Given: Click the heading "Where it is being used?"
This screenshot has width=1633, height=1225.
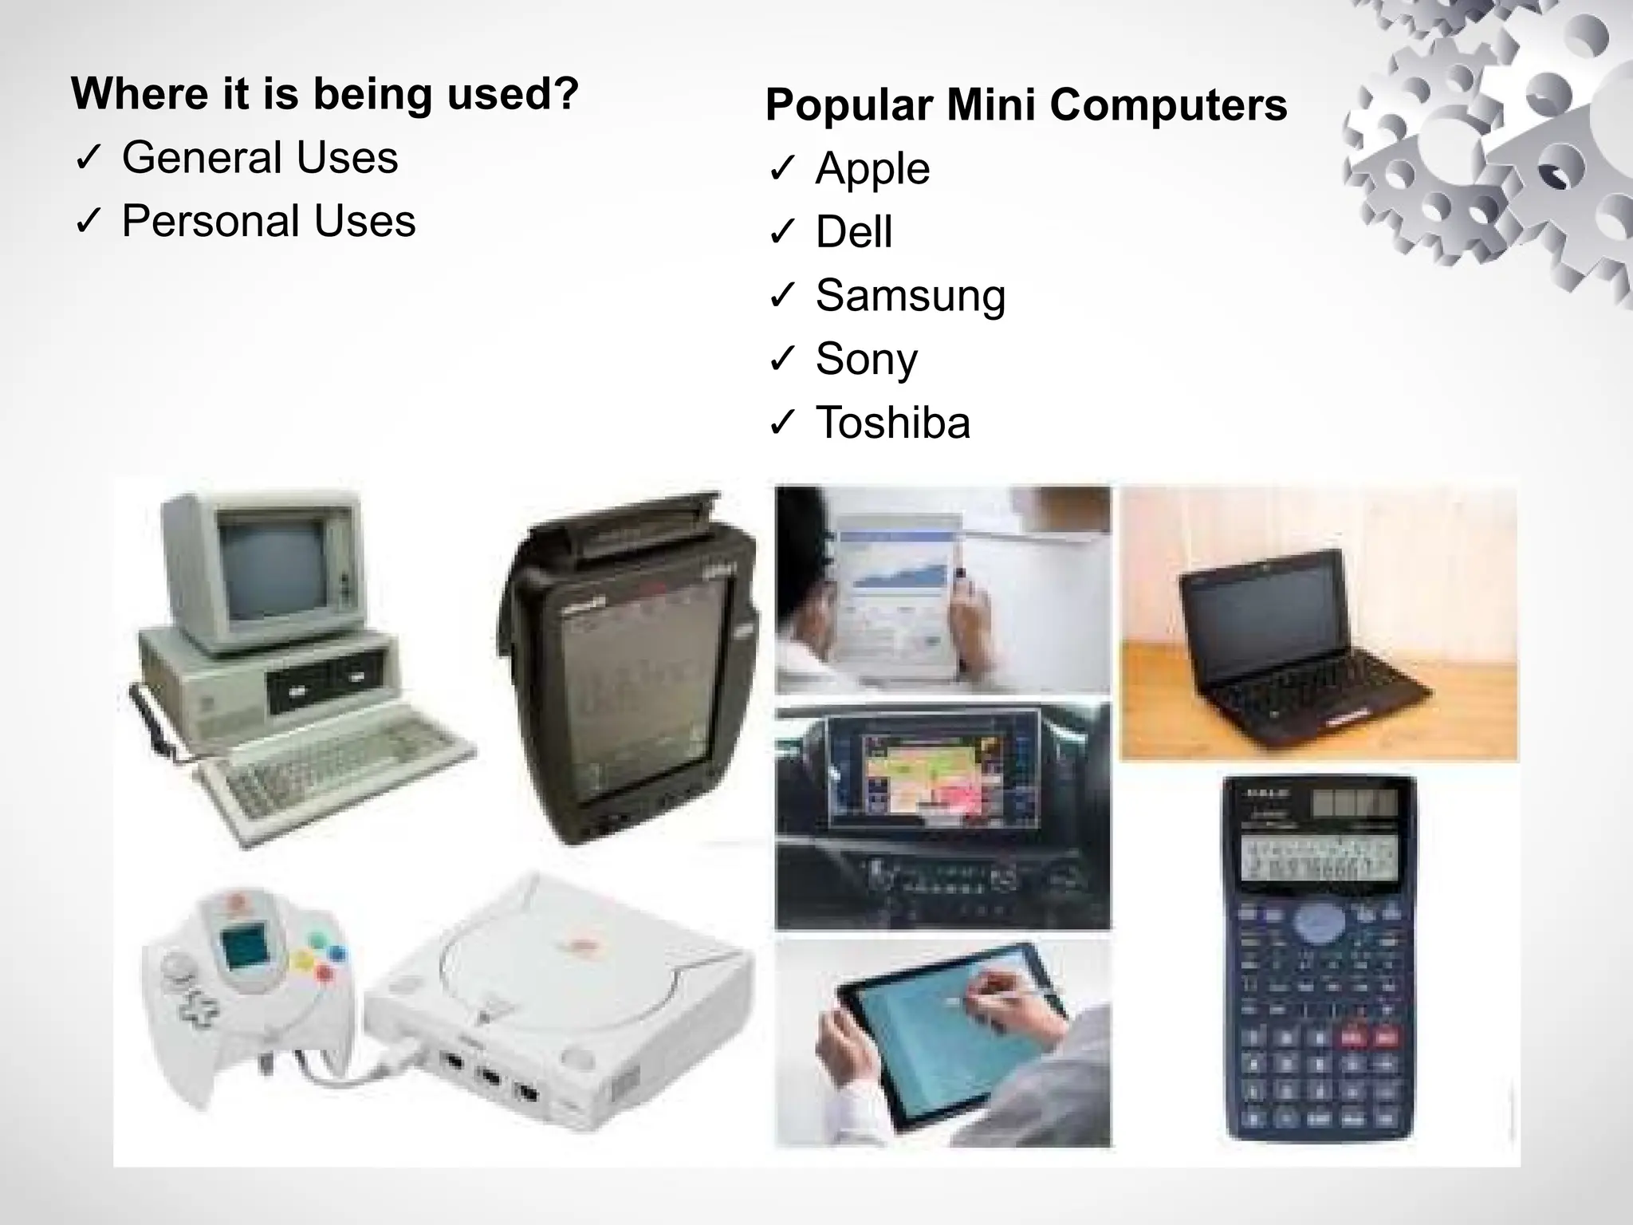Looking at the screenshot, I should coord(325,94).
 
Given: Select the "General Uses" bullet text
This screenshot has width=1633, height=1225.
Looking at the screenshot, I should coord(259,158).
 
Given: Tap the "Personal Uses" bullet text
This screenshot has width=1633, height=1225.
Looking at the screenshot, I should coord(268,221).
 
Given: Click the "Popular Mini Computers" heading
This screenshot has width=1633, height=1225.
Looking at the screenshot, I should coord(1025,105).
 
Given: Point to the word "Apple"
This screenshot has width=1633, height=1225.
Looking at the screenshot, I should coord(872,169).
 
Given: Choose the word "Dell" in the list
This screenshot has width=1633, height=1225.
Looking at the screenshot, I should coord(853,232).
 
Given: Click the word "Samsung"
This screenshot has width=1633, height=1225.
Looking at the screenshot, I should coord(910,296).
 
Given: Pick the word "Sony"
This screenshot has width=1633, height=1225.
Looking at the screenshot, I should coord(866,359).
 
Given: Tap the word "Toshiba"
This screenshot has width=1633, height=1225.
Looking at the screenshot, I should coord(892,423).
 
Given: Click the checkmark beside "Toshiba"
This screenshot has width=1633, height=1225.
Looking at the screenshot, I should coord(782,423).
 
